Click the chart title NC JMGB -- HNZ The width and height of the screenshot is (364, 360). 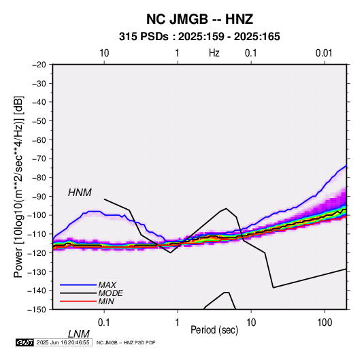(199, 19)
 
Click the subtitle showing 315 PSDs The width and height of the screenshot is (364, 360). (199, 37)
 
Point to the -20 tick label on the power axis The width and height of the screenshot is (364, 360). (39, 65)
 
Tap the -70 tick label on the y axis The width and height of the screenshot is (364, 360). (39, 159)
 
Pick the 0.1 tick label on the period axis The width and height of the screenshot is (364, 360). (104, 323)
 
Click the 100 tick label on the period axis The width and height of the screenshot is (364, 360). (325, 323)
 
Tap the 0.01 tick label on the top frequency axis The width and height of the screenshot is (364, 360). (324, 53)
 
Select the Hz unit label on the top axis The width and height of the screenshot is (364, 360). (214, 53)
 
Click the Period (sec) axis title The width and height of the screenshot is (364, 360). (214, 330)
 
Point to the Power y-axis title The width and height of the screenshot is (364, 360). (18, 186)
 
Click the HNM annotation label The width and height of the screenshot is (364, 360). (80, 193)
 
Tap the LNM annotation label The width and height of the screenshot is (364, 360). (78, 334)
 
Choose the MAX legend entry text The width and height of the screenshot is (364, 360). (107, 285)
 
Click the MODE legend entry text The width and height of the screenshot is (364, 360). (110, 293)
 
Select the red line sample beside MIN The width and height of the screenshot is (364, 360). (78, 301)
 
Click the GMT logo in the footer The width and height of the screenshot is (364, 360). (24, 342)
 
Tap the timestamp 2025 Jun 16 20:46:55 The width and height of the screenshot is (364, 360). (63, 342)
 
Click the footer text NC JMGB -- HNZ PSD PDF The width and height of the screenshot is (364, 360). (126, 342)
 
